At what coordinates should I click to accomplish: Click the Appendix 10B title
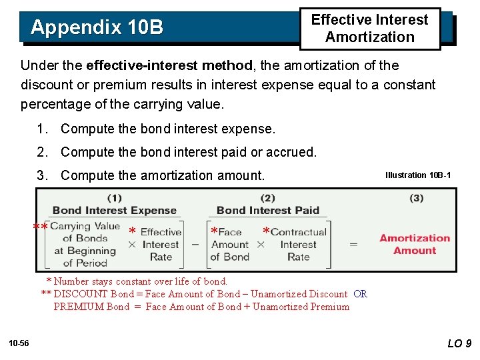pyautogui.click(x=97, y=27)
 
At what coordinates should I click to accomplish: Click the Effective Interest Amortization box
pyautogui.click(x=369, y=29)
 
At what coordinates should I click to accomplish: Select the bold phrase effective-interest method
pyautogui.click(x=169, y=65)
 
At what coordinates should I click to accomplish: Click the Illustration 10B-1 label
pyautogui.click(x=417, y=175)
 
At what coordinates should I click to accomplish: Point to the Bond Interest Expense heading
pyautogui.click(x=115, y=211)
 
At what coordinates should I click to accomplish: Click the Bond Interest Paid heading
pyautogui.click(x=268, y=211)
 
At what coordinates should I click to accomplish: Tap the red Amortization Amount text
pyautogui.click(x=414, y=244)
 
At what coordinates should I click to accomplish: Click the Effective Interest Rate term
pyautogui.click(x=161, y=244)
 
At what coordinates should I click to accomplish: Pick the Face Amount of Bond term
pyautogui.click(x=229, y=244)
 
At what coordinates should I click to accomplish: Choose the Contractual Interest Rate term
pyautogui.click(x=299, y=244)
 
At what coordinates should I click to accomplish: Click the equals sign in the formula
pyautogui.click(x=353, y=245)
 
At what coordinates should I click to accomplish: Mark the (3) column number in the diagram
pyautogui.click(x=417, y=198)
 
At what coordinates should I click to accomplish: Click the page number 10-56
pyautogui.click(x=19, y=343)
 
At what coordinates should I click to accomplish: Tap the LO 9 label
pyautogui.click(x=459, y=343)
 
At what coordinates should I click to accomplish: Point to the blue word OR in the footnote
pyautogui.click(x=360, y=294)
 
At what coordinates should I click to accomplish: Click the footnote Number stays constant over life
pyautogui.click(x=140, y=281)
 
